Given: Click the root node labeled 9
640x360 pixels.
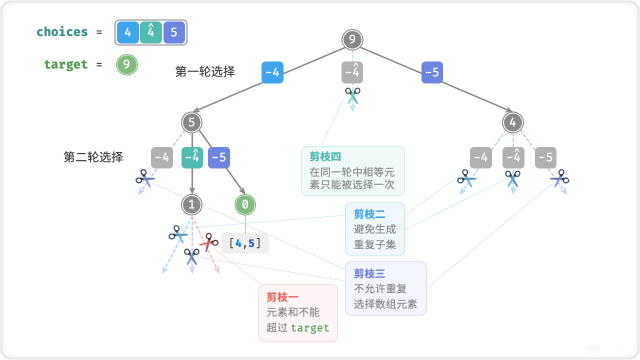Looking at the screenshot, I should point(352,40).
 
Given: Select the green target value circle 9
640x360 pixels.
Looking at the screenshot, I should point(126,64).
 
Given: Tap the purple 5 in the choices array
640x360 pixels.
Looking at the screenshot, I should point(173,32).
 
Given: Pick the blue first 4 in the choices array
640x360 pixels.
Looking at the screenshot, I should point(128,32).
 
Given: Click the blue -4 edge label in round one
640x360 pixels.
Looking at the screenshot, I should point(272,72).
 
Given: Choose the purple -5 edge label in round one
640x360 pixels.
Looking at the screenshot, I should point(432,72).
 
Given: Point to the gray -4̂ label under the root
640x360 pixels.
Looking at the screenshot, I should point(352,72).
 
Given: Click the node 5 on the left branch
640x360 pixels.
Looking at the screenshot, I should point(191,122).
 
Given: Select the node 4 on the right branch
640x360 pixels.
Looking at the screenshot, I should point(513,122).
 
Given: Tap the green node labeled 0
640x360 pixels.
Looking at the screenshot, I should point(245,204).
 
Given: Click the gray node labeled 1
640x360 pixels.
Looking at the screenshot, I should point(191,204).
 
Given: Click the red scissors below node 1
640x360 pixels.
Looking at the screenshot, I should point(208,243).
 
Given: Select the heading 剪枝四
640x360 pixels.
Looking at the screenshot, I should point(325,156).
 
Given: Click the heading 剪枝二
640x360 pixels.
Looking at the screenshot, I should point(369,214).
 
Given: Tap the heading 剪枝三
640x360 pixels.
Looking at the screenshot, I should point(369,273).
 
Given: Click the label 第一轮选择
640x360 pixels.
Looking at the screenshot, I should point(205,71).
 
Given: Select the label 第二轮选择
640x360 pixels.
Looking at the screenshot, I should point(93,157).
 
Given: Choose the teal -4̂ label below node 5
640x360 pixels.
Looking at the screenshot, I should point(192,157).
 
